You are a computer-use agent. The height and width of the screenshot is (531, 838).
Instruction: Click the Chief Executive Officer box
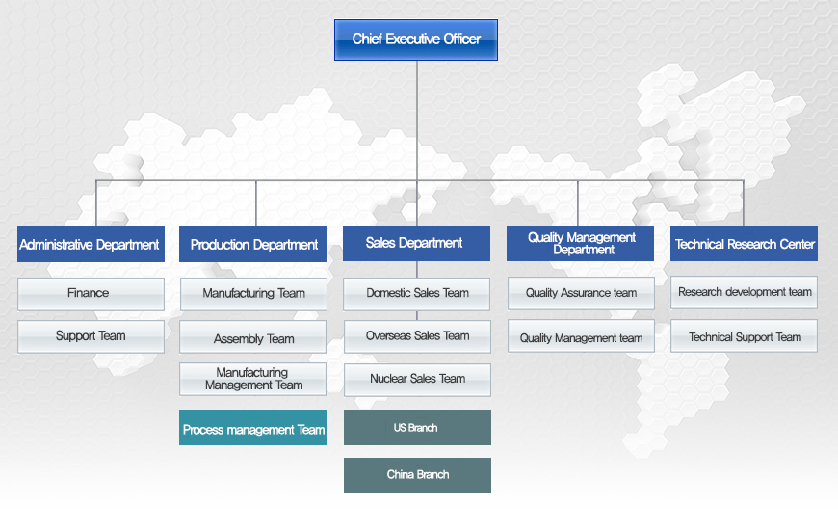coord(416,40)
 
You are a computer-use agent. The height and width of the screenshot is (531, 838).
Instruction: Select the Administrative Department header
coord(91,245)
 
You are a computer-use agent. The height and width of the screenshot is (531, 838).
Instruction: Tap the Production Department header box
coord(252,245)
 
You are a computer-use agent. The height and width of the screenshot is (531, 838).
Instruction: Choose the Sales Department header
coord(416,243)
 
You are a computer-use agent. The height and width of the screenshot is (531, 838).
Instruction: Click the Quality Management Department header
coord(580,243)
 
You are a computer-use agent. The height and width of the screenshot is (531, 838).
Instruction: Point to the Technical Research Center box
coord(744,243)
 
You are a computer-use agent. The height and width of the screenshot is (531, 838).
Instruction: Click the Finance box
coord(91,294)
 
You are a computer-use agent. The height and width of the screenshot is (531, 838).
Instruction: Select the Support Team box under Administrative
coord(91,336)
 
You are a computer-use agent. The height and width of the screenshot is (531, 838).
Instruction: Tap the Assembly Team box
coord(252,337)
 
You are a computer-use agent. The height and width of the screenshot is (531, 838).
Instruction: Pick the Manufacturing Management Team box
coord(252,379)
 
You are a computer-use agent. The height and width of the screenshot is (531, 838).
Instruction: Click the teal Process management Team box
coord(252,427)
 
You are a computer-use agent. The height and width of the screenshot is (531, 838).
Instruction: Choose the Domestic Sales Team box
coord(416,294)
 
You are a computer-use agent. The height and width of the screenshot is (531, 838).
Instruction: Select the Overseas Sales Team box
coord(417,336)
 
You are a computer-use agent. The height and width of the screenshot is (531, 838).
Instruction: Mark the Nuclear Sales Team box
coord(417,380)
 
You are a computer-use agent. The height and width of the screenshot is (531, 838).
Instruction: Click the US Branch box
coord(417,427)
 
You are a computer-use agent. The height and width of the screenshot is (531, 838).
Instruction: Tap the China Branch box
coord(417,475)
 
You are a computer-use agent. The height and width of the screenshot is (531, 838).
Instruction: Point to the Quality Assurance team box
coord(581,293)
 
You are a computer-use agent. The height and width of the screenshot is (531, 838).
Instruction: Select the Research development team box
coord(744,292)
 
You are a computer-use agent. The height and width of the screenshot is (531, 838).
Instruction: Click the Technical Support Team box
coord(744,335)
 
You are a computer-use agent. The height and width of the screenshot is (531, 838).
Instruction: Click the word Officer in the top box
coord(461,40)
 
